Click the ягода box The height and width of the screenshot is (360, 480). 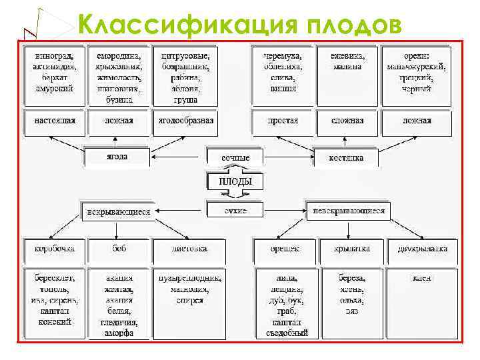click(x=117, y=157)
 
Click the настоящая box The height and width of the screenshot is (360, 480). click(x=55, y=121)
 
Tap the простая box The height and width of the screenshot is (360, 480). click(x=283, y=121)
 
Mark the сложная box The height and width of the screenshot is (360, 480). click(x=347, y=121)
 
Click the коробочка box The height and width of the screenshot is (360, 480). click(x=55, y=249)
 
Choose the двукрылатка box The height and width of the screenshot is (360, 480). click(x=421, y=249)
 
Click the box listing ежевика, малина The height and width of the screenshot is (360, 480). click(x=347, y=62)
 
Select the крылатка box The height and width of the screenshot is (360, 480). click(x=353, y=249)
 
